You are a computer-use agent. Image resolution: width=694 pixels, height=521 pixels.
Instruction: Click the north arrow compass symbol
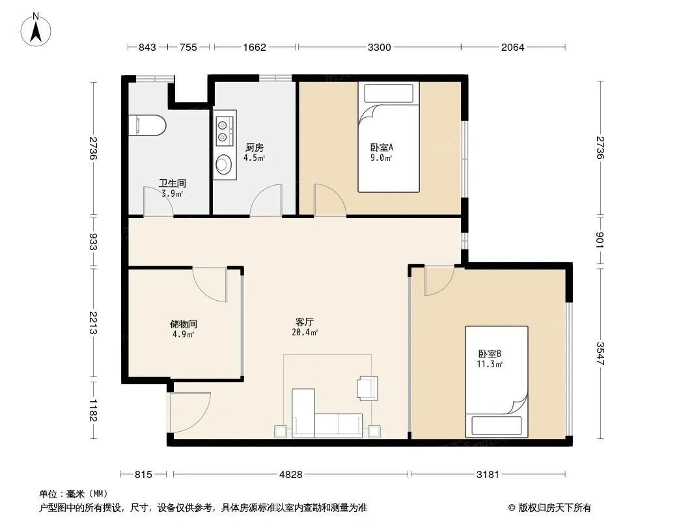pos(36,30)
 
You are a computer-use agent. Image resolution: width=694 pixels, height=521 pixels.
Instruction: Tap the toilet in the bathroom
pos(147,125)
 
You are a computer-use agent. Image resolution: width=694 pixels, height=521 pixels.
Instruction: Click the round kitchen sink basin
pos(224,164)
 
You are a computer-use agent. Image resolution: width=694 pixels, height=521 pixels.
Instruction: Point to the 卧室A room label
pos(382,147)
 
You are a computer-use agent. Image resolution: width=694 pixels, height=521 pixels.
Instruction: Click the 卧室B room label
pos(490,354)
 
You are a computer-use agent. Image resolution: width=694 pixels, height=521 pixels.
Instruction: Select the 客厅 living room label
pos(305,322)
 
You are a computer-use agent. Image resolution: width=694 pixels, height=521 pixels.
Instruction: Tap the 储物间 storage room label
pos(183,324)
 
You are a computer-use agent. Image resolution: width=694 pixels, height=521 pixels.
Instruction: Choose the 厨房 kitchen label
pos(254,147)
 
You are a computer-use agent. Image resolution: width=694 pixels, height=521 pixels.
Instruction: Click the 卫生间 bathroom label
pos(172,183)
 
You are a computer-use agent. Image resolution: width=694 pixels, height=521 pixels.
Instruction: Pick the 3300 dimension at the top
pos(380,47)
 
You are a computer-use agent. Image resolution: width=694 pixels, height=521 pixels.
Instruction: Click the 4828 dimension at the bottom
pos(291,475)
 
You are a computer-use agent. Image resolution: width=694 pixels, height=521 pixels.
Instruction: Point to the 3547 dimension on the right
pos(600,353)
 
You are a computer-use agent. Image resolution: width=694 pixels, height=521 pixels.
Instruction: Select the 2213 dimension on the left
pos(93,323)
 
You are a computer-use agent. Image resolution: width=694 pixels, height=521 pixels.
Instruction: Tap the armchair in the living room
pos(368,387)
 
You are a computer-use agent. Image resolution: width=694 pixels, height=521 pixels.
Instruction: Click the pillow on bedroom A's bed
pos(389,93)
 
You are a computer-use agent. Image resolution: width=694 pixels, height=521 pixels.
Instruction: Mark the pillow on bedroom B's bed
pos(497,425)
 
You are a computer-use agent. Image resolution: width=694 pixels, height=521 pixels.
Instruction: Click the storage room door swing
pos(210,285)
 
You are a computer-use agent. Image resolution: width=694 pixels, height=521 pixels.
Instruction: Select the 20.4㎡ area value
pos(305,332)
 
